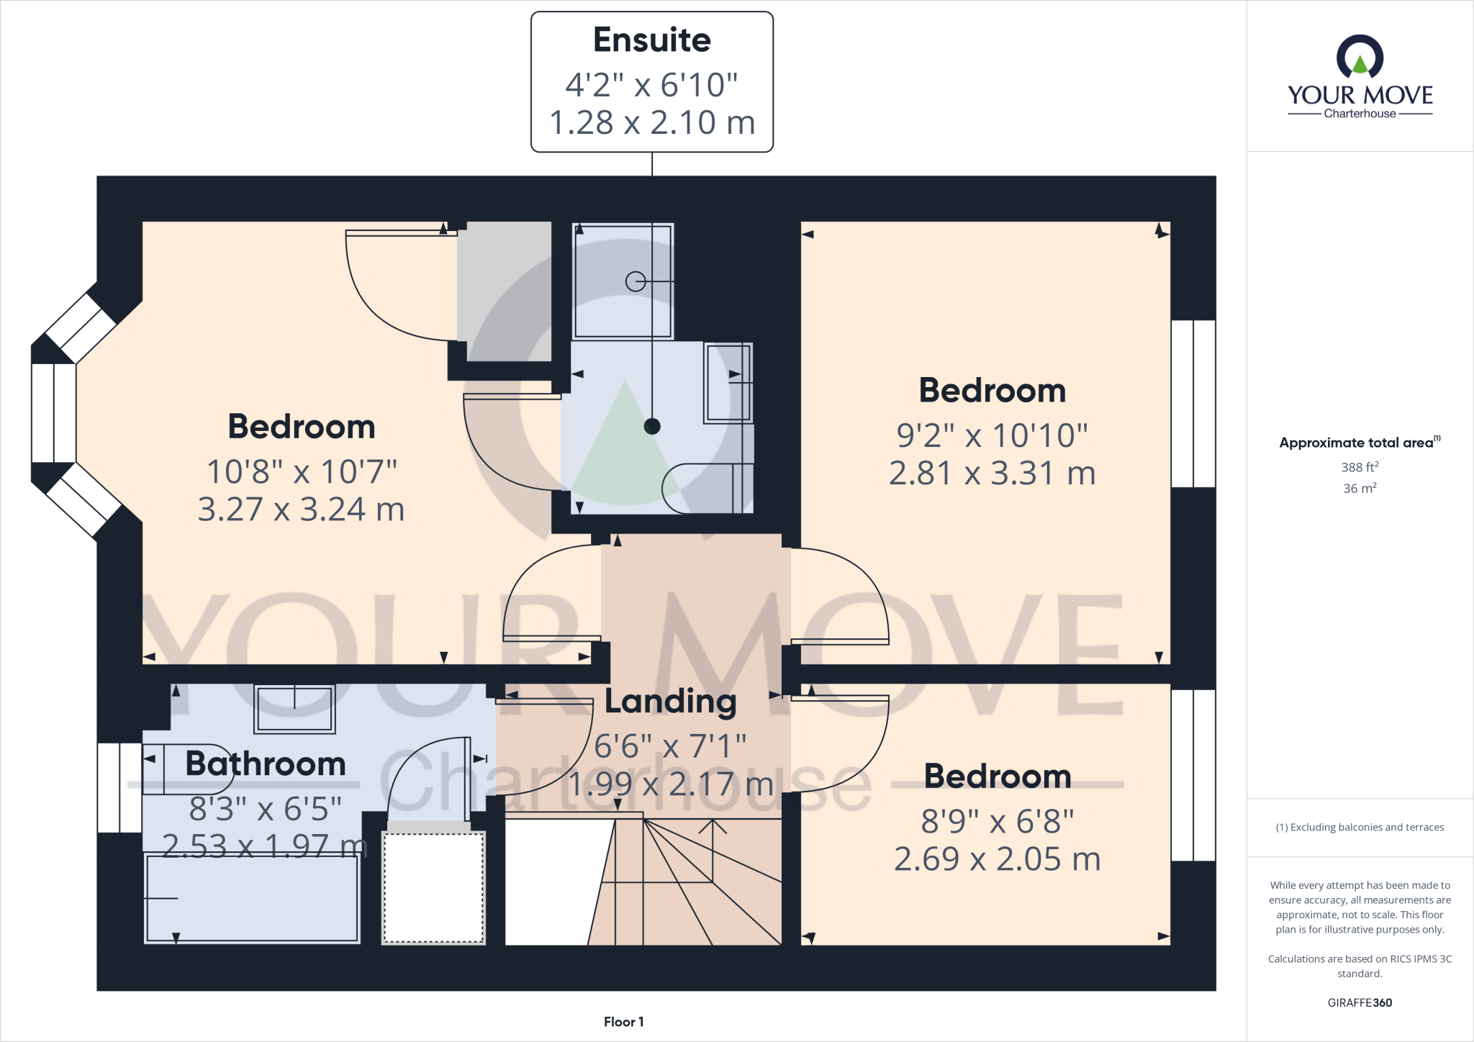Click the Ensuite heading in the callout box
(651, 40)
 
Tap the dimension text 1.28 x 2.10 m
(651, 122)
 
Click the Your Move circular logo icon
(1360, 57)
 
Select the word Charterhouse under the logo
(1360, 114)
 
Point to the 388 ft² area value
(1359, 467)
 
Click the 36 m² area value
(1359, 489)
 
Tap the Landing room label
(670, 702)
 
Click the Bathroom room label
(266, 764)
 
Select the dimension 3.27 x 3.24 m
(301, 509)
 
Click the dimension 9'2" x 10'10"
(992, 435)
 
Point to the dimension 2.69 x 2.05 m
(997, 859)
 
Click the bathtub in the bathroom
(252, 898)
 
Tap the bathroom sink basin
(294, 709)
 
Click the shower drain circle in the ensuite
(635, 281)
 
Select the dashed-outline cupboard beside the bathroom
(433, 887)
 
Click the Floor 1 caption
(623, 1022)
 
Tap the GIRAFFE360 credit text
(1359, 1002)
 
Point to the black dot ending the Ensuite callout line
(652, 426)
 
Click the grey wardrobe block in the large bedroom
(505, 291)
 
